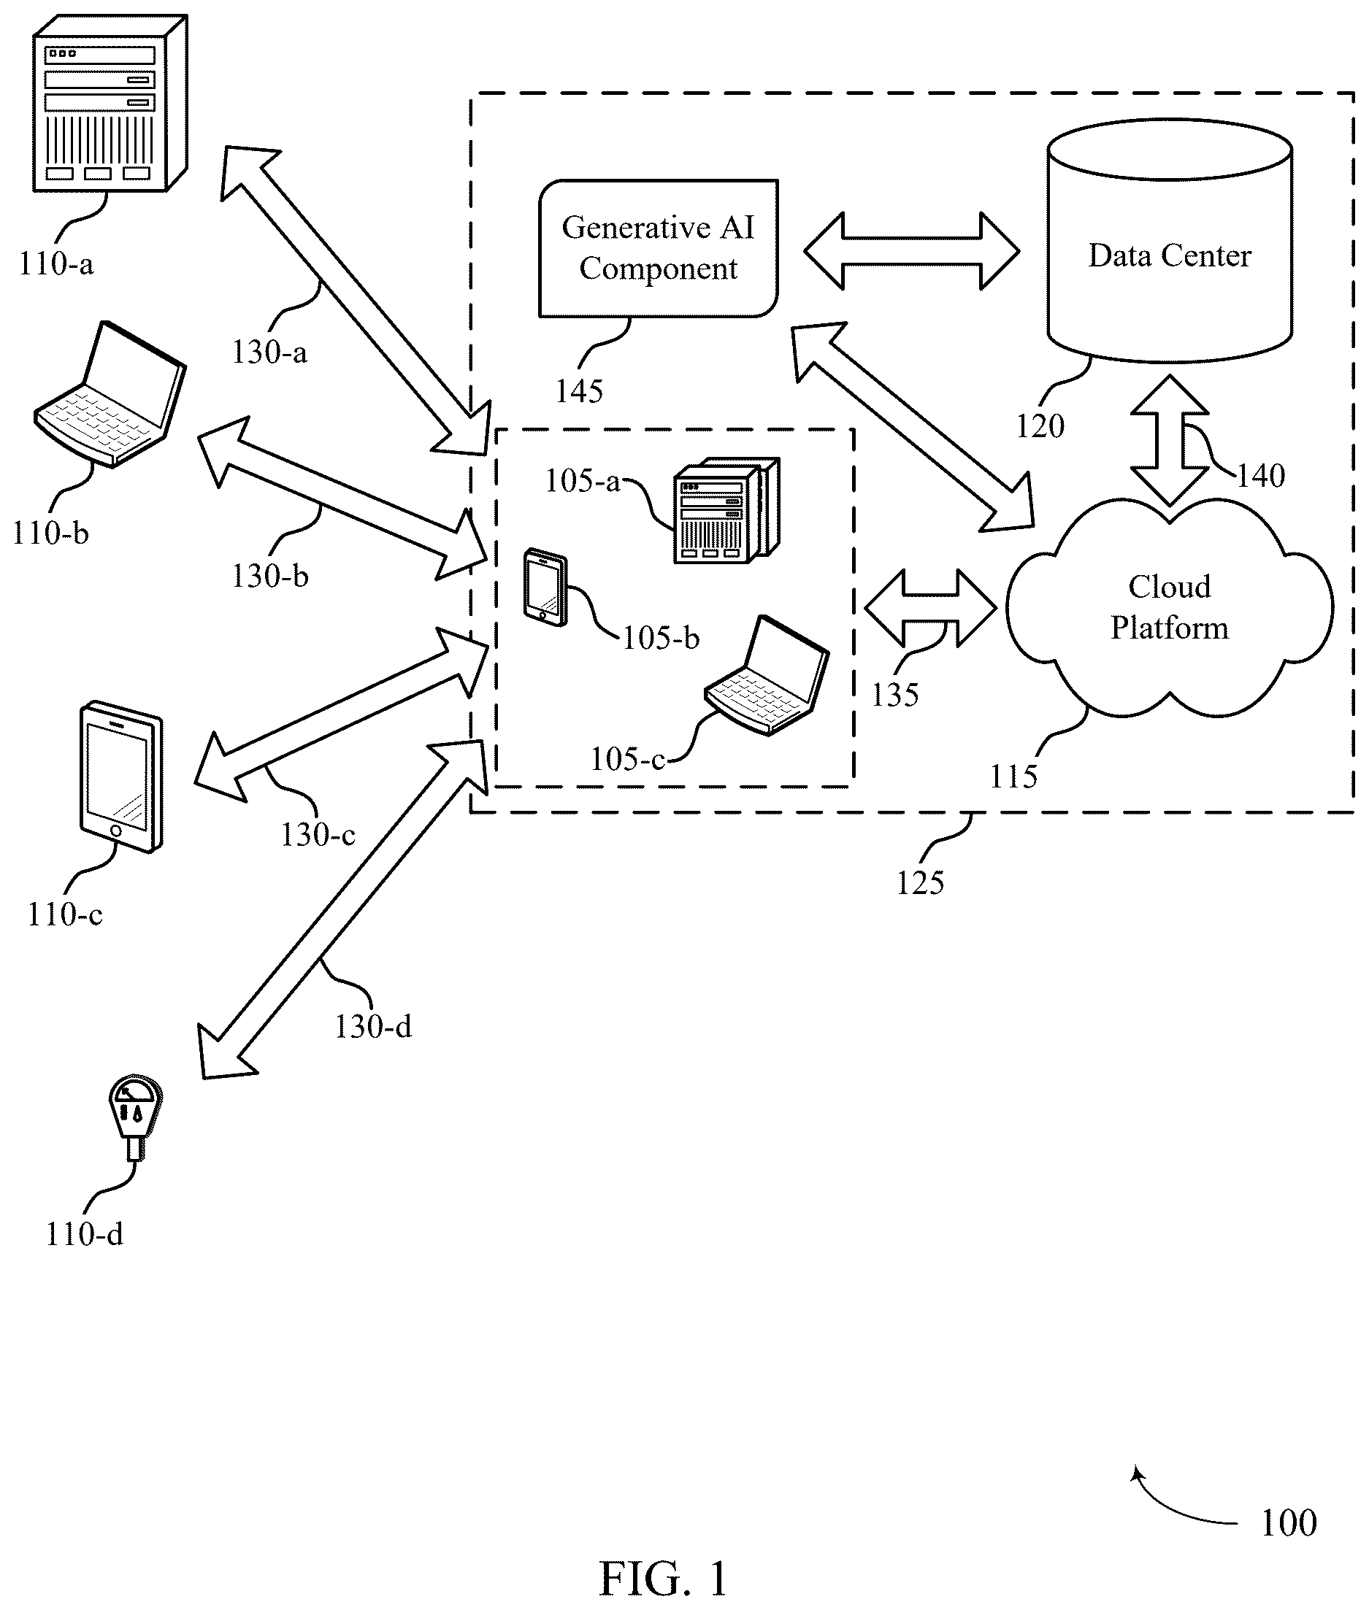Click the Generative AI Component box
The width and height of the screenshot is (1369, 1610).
click(658, 248)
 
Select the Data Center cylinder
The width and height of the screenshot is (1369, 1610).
click(1170, 241)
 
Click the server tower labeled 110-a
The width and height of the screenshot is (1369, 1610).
click(110, 103)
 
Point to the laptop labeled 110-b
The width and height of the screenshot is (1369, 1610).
click(111, 394)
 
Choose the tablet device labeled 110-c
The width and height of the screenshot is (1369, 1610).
click(122, 777)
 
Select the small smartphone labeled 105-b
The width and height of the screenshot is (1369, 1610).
click(545, 587)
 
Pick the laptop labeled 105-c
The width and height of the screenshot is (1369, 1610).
click(767, 675)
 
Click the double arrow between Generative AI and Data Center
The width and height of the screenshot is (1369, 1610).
click(911, 250)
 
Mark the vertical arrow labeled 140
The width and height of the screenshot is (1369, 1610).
click(1170, 441)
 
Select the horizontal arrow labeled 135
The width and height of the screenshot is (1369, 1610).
click(930, 608)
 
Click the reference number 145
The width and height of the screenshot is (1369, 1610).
click(579, 391)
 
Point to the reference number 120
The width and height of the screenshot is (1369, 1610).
click(1040, 426)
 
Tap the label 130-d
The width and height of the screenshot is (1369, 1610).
click(372, 1027)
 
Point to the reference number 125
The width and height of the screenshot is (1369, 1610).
click(921, 882)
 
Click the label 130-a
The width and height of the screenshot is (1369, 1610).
click(269, 353)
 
